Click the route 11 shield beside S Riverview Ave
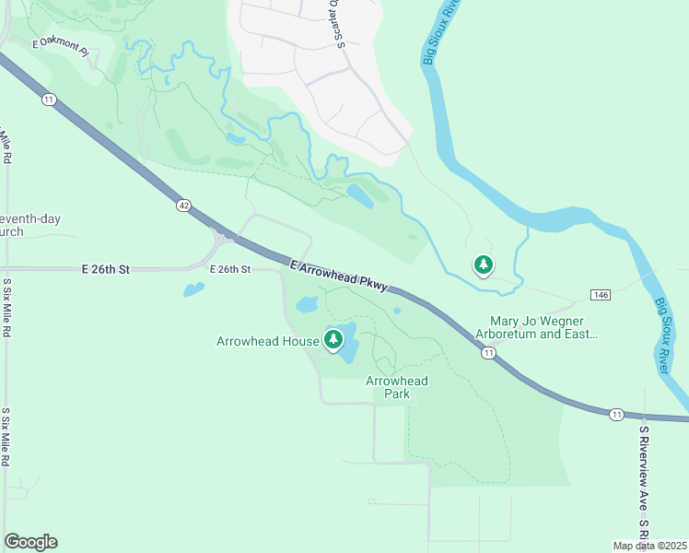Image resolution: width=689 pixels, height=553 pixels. click(x=616, y=415)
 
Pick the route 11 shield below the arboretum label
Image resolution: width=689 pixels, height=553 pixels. click(x=488, y=353)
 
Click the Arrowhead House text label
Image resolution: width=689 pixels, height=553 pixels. click(x=267, y=341)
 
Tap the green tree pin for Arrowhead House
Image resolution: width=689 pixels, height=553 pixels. click(x=333, y=339)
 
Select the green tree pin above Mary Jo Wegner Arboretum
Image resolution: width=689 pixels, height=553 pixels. click(x=483, y=265)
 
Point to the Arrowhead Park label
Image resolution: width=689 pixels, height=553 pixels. click(x=397, y=387)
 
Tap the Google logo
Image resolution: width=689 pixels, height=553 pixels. click(x=30, y=542)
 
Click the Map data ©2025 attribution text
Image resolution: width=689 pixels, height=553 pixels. click(x=650, y=546)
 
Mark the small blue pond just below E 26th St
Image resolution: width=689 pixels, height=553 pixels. click(x=193, y=289)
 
